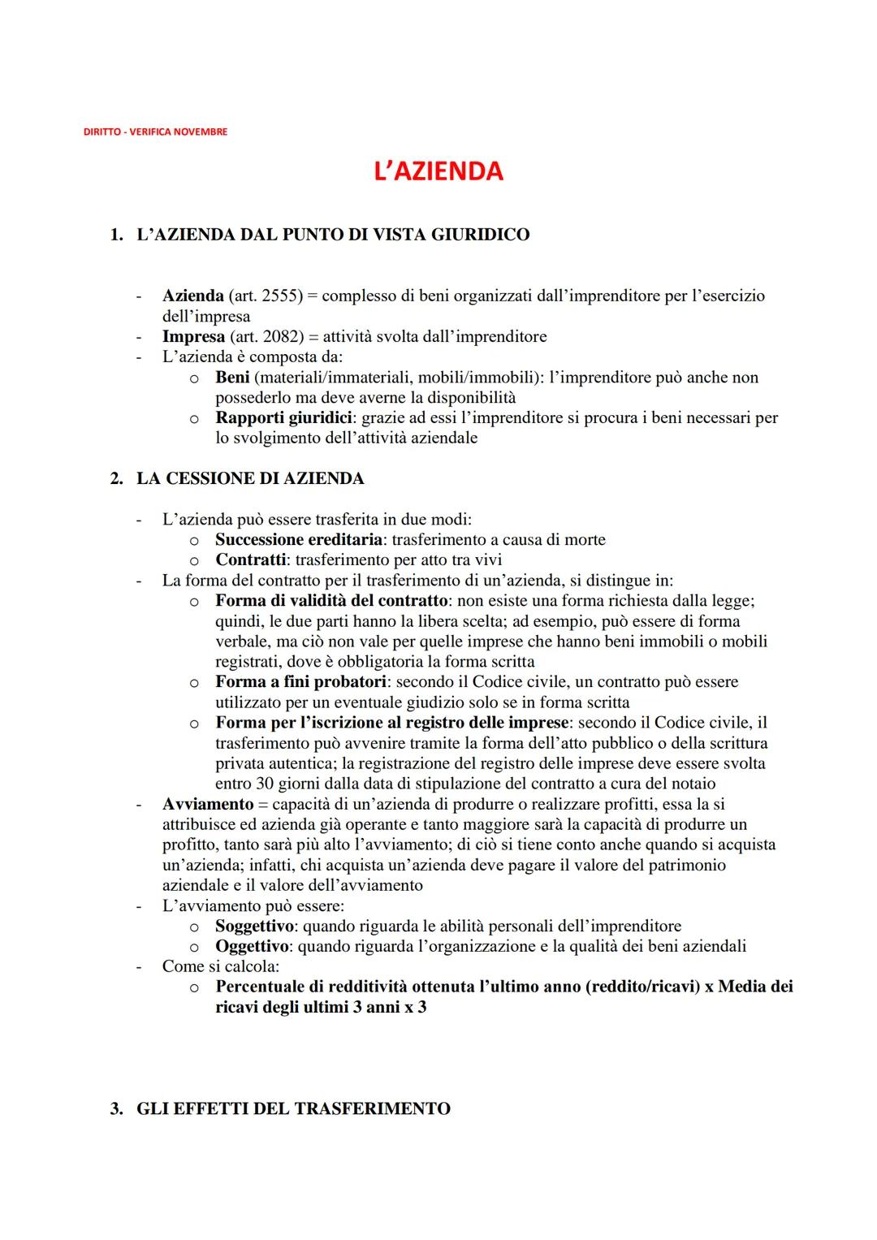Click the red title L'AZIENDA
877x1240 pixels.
pos(438,171)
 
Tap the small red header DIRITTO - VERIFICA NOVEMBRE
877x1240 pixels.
pos(155,132)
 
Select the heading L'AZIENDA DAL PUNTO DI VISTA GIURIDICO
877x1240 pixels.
pos(332,235)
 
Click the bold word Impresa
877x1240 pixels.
pos(193,337)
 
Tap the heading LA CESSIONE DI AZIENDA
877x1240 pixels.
pos(249,478)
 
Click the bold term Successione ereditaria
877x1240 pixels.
pos(298,540)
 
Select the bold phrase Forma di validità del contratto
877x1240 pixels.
pos(331,601)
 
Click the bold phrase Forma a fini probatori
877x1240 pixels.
pos(300,682)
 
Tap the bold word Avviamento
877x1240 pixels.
pos(208,804)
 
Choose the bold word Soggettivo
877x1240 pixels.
pos(253,926)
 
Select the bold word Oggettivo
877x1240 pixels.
pos(252,946)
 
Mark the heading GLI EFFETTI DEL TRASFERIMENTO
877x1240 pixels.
pos(292,1108)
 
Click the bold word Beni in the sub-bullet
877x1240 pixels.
pos(232,378)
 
